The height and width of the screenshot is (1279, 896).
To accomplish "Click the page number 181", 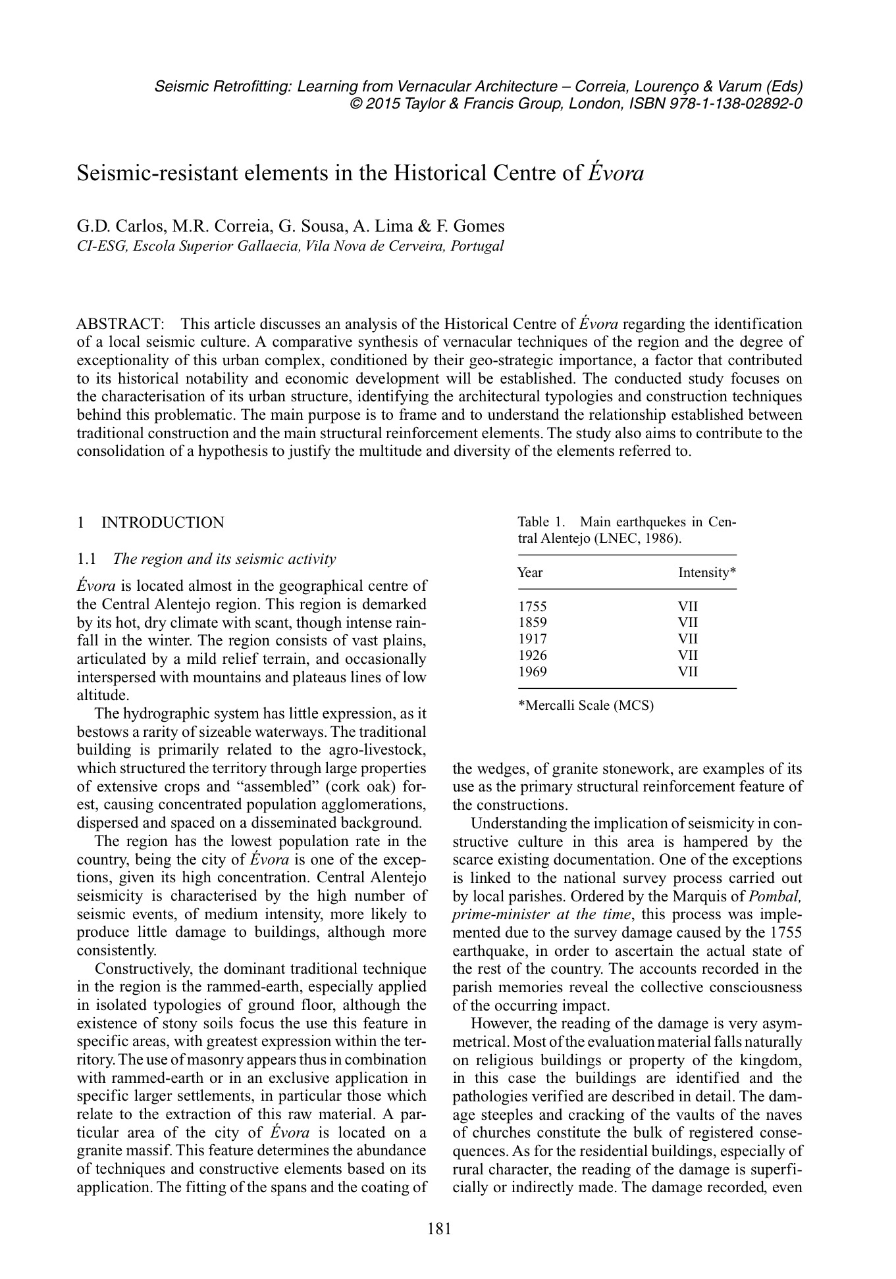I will coord(440,1228).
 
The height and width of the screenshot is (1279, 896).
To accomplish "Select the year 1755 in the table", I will coord(533,607).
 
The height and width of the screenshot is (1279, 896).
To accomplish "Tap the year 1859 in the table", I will coord(533,622).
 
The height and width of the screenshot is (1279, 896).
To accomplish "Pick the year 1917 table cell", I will coord(533,639).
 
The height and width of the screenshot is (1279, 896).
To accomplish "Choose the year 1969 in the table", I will coord(533,672).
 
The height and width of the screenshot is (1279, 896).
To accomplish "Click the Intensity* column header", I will coord(706,572).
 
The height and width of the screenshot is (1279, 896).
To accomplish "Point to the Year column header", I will coord(530,572).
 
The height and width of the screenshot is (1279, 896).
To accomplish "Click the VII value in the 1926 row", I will coord(688,655).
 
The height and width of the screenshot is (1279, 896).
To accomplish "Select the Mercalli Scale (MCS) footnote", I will coord(587,706).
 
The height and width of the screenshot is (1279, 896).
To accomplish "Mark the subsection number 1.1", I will coord(87,559).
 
